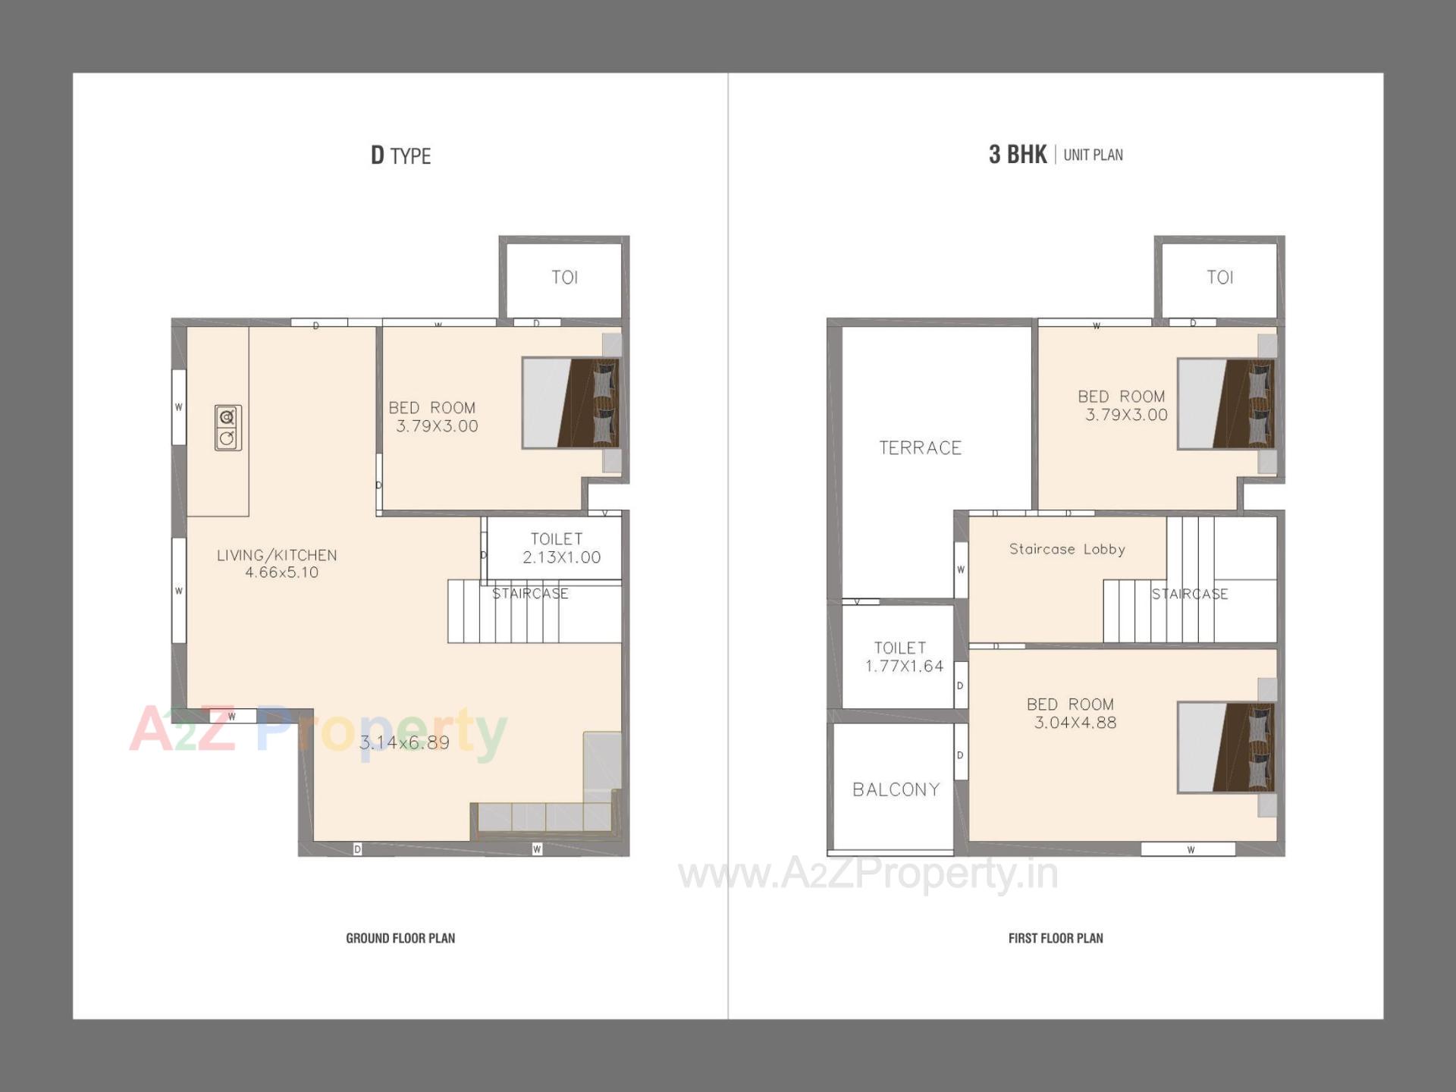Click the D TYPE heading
400,155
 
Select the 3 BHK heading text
1018,155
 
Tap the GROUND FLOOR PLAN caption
400,938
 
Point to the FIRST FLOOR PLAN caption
1056,938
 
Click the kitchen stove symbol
227,428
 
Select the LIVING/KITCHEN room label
278,563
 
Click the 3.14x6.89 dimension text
404,742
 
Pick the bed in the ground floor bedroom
570,403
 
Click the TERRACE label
920,448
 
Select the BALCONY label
896,789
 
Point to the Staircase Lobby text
1067,549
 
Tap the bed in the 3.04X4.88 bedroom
1225,748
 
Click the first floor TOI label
1220,278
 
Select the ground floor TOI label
565,278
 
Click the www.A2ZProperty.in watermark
868,874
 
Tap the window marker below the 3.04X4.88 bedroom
1189,849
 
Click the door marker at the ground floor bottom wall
357,849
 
